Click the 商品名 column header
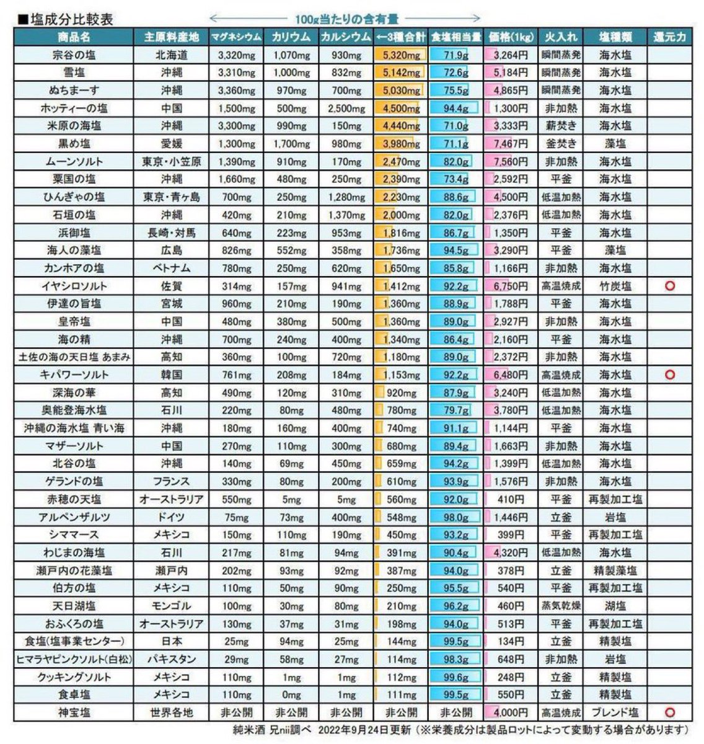74,37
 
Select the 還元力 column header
669,37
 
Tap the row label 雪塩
74,73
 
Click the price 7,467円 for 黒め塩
510,144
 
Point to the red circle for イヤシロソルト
669,286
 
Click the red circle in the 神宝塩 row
669,712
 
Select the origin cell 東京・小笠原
172,162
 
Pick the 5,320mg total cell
401,55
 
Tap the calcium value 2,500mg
346,108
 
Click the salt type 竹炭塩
615,286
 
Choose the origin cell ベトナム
172,268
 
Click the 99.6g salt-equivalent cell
456,677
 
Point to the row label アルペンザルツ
74,517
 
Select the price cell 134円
510,642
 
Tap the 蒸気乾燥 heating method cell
561,606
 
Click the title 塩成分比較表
71,20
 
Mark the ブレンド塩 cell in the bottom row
615,712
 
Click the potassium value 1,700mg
291,144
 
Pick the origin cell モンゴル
172,606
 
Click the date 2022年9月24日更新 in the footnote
364,730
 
